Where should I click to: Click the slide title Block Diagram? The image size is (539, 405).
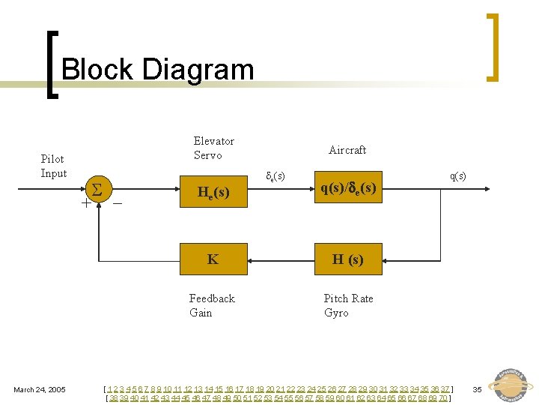point(157,70)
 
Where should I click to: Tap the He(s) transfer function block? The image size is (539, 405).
point(213,193)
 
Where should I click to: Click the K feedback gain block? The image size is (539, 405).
point(213,259)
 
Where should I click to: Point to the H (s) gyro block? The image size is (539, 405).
point(347,259)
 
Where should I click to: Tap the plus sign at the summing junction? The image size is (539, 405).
point(86,202)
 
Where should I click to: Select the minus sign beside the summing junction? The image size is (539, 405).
point(118,202)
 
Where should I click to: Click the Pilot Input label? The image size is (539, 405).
point(53,166)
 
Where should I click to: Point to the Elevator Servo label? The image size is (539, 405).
point(213,148)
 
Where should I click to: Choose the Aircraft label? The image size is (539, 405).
point(347,150)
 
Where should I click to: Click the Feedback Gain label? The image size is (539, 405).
point(212,305)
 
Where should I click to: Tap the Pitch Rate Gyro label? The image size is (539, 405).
point(348,305)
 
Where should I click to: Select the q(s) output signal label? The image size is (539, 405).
point(457,175)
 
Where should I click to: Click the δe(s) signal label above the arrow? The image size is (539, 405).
point(275,176)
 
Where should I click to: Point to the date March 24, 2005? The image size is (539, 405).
point(40,389)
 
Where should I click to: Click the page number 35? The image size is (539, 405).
point(477,389)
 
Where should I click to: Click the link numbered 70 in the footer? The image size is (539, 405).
point(442,398)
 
